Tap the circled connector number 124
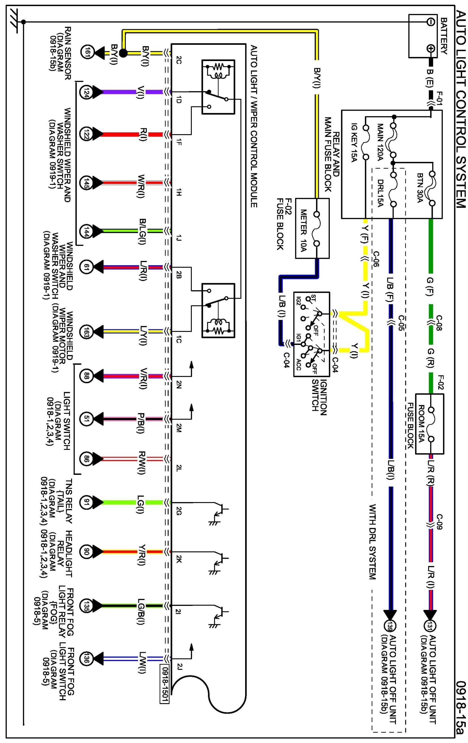86,92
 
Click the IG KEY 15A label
354,143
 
